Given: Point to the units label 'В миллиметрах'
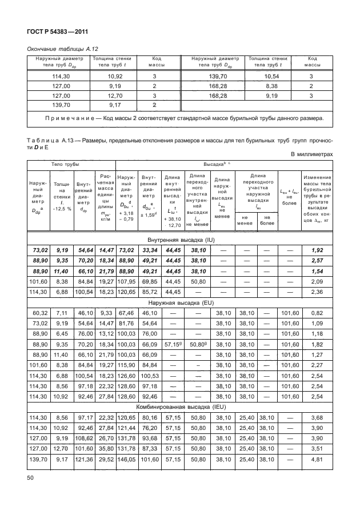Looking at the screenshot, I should (311, 154).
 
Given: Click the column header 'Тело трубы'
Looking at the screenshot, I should (65, 164).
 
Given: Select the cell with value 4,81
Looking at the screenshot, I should (317, 459).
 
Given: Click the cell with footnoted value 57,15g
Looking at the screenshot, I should (173, 344).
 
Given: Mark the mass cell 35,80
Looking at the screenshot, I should (106, 448).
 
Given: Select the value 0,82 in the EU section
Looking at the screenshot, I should (317, 313).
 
